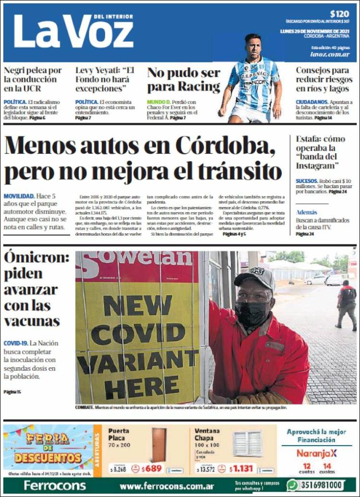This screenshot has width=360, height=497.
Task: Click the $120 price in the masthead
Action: click(x=339, y=14)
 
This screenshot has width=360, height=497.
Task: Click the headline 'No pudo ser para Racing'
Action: click(x=183, y=80)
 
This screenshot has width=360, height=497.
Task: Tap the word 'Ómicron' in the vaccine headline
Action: click(x=36, y=257)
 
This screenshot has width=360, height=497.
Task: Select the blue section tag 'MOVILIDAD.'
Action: click(x=19, y=196)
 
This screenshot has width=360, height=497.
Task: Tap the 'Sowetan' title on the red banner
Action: click(x=139, y=260)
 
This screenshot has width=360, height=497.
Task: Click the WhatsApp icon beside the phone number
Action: click(x=292, y=485)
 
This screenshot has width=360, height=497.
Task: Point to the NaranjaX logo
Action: click(x=316, y=453)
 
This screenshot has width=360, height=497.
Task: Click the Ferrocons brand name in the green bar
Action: click(x=55, y=485)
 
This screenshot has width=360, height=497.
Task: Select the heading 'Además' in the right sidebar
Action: click(x=307, y=212)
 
